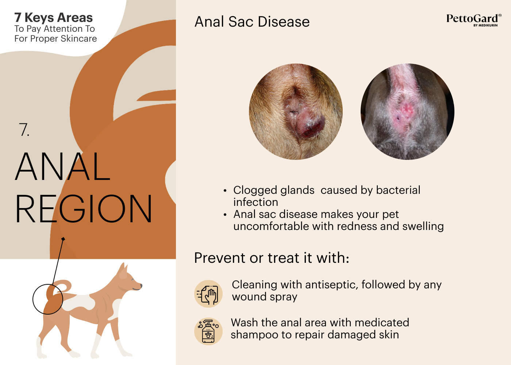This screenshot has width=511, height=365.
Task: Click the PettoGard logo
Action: click(x=474, y=20)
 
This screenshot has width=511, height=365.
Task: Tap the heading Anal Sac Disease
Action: click(x=252, y=22)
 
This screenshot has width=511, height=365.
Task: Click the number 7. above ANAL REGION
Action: click(x=24, y=130)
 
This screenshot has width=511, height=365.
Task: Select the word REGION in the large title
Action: click(x=84, y=208)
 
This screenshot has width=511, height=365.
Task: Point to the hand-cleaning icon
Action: click(x=208, y=293)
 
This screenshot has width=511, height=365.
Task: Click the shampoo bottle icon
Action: click(x=208, y=331)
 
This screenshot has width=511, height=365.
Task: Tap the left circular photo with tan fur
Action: click(x=296, y=112)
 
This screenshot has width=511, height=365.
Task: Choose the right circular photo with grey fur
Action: click(x=407, y=112)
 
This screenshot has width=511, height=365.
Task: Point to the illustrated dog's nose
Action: click(x=141, y=285)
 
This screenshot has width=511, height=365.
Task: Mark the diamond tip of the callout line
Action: click(x=63, y=239)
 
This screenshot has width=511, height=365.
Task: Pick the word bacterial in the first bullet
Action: click(x=398, y=190)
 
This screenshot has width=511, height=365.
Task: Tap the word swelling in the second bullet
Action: click(x=423, y=227)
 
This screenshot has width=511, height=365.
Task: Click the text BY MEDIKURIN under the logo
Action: click(x=485, y=25)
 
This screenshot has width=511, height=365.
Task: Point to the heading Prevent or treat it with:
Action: click(x=272, y=258)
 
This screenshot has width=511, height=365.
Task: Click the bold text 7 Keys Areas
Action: click(x=54, y=18)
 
